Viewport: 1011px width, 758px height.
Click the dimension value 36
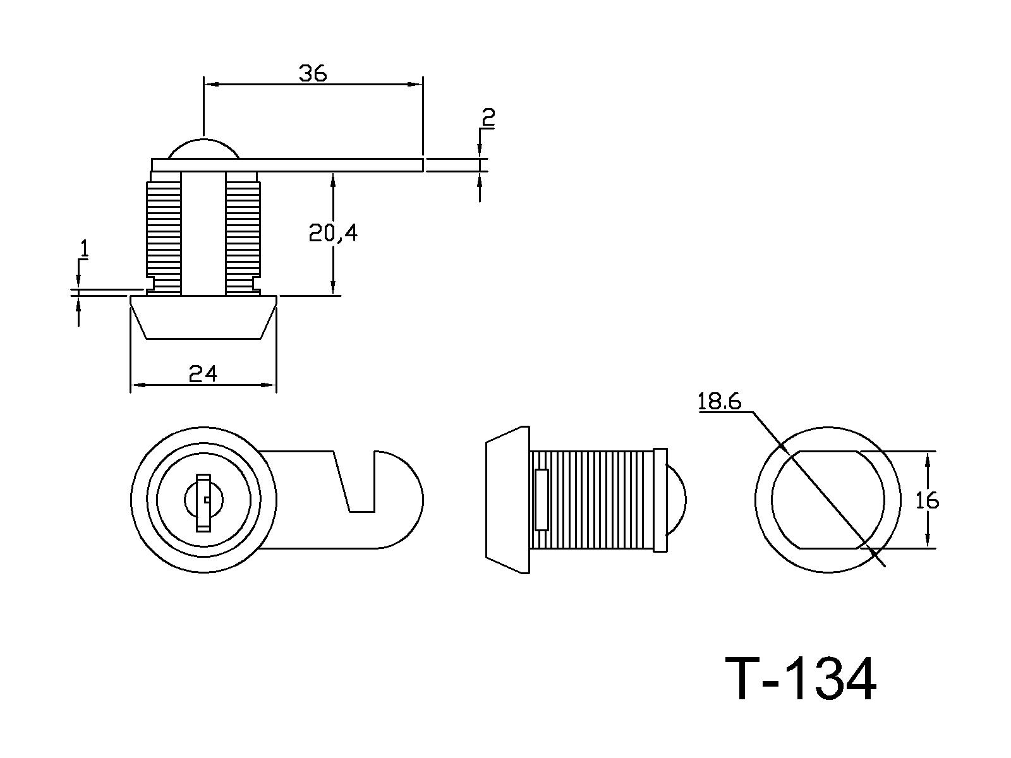313,74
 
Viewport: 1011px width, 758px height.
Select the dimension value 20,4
333,233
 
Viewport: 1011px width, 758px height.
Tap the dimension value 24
203,374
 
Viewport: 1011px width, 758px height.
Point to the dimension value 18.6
719,401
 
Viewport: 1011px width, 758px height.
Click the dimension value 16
927,501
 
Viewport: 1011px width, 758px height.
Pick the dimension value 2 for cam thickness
488,117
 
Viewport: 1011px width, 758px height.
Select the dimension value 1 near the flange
83,248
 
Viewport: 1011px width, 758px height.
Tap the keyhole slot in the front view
203,502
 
